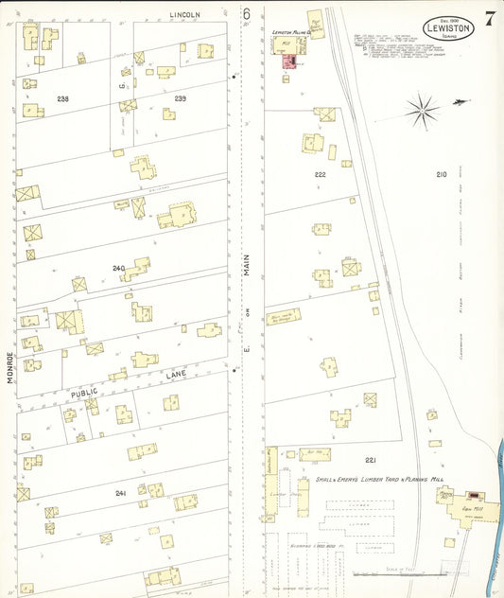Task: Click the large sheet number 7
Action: point(489,19)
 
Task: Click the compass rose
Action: point(423,111)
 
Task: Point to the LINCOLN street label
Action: point(186,14)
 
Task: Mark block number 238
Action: point(62,98)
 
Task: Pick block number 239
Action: point(180,98)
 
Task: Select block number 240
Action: point(118,269)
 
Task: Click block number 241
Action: point(120,493)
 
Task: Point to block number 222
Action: point(320,175)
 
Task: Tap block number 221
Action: point(371,460)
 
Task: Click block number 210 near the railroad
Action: point(441,175)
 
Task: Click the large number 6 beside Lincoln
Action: point(246,14)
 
